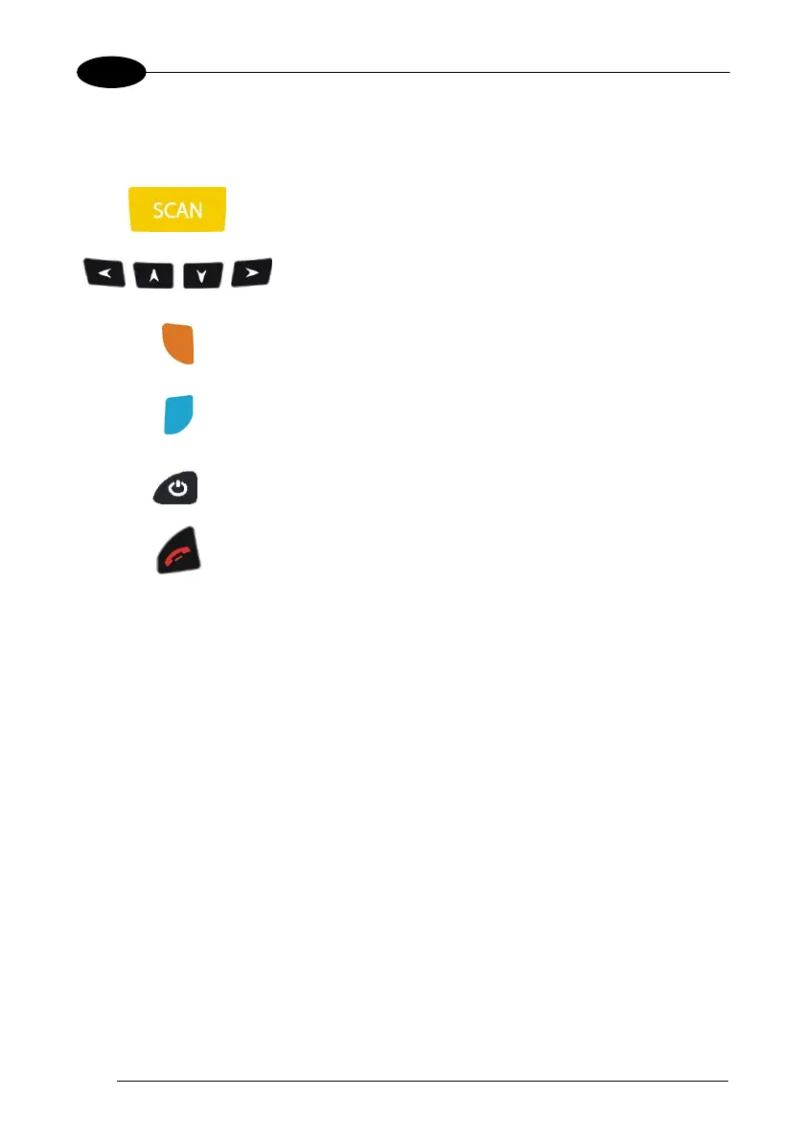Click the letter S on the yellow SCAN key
tap(158, 210)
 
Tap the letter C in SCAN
tap(171, 210)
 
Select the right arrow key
tap(251, 274)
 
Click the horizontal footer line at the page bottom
tap(423, 1082)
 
